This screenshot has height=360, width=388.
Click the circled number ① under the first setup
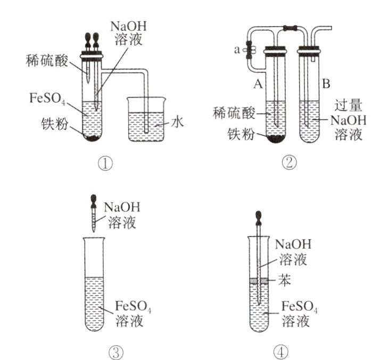(105, 163)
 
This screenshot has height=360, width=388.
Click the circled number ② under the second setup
(289, 163)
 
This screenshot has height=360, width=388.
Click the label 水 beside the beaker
(177, 122)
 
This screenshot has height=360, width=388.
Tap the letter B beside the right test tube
(326, 84)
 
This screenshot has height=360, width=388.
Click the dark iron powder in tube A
(276, 139)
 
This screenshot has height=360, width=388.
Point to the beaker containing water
(148, 125)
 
